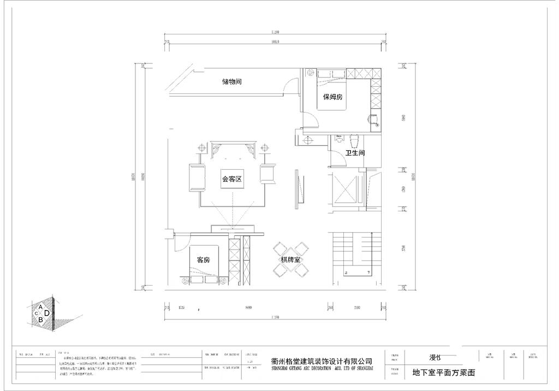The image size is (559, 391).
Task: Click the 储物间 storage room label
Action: [x=231, y=82]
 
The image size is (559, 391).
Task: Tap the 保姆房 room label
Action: [x=332, y=97]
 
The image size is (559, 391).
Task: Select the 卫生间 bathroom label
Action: [x=355, y=153]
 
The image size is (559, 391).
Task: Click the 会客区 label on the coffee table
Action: [x=231, y=179]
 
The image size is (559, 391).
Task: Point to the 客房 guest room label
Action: [x=203, y=259]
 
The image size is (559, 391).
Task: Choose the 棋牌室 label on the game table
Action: [x=290, y=260]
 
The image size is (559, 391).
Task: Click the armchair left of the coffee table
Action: [x=195, y=177]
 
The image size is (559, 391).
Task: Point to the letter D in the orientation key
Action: [x=47, y=313]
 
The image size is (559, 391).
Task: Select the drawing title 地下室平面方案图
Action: [x=444, y=374]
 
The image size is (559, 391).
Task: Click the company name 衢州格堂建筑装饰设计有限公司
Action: [x=322, y=362]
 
